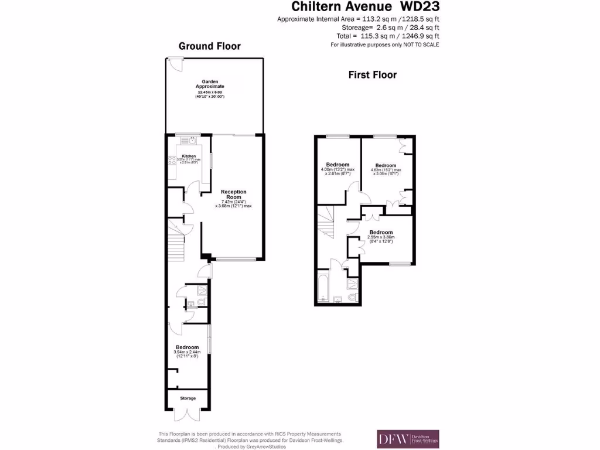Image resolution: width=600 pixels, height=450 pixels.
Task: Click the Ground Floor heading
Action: point(209,46)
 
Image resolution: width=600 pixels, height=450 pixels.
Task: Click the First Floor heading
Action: point(372,75)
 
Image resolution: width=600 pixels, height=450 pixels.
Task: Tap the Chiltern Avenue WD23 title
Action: point(366,6)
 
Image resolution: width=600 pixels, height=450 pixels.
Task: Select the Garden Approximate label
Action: point(210,84)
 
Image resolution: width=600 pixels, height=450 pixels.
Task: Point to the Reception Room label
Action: point(233,195)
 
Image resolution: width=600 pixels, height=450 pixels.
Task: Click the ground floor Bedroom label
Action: point(187,347)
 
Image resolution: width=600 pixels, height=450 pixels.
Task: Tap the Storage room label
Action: point(187,398)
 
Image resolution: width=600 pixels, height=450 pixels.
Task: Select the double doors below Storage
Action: point(187,415)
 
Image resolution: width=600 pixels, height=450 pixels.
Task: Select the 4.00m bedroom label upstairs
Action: point(337,165)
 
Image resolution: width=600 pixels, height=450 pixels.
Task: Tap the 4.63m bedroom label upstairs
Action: point(386,166)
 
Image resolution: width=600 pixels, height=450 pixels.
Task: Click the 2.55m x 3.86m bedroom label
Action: point(381,233)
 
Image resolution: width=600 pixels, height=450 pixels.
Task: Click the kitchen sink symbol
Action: point(192,140)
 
